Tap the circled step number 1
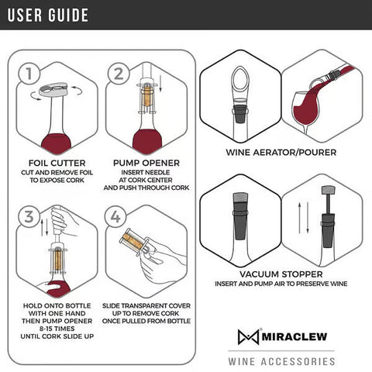click(28, 74)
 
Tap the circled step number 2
click(119, 74)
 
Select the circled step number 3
click(28, 217)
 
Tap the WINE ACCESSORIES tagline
click(281, 361)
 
